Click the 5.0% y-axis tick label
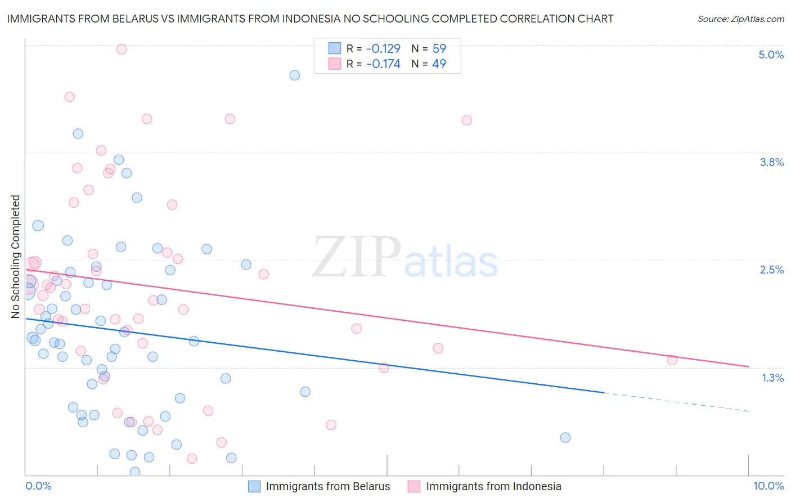(771, 55)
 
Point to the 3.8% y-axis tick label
(771, 162)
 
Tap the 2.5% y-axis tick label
(771, 270)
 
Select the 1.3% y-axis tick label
(772, 378)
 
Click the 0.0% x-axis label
(38, 486)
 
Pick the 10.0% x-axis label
(768, 486)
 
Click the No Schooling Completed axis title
(15, 257)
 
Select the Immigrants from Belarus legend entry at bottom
(319, 486)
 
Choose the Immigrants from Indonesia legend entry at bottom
(484, 486)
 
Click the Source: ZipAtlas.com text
(740, 19)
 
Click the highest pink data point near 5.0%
(122, 49)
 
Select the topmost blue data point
(294, 75)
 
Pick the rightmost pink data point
(672, 360)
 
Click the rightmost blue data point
(565, 437)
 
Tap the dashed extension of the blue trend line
(675, 402)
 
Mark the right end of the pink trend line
(748, 366)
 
